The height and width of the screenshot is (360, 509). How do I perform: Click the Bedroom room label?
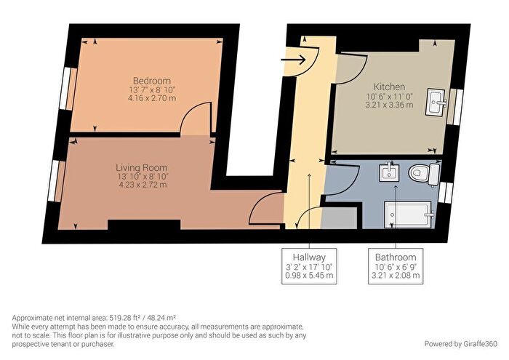pos(151,80)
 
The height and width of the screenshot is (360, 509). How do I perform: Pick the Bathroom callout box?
pos(396,266)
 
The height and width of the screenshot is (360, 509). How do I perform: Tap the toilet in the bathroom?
pos(422,175)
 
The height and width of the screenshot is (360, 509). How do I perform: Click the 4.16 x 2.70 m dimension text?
pos(151,97)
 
